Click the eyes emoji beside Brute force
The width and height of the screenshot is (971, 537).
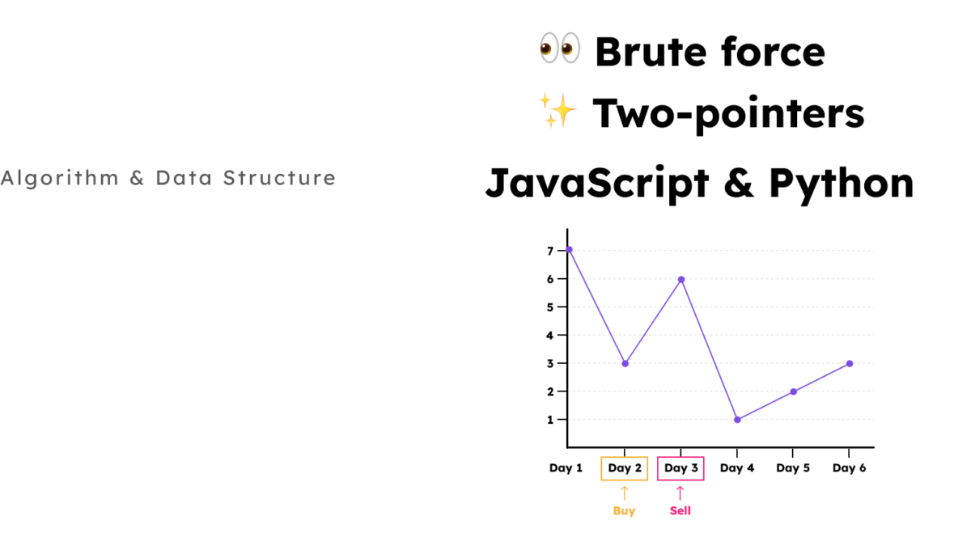(x=560, y=48)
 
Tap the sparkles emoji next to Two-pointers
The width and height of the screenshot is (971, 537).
(x=558, y=110)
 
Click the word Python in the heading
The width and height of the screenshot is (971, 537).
(x=842, y=184)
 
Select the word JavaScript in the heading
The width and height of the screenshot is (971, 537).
(x=597, y=184)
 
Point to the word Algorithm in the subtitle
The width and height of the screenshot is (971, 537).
(x=60, y=179)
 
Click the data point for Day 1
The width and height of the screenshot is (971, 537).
(x=569, y=250)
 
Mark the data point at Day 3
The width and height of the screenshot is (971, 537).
(x=681, y=280)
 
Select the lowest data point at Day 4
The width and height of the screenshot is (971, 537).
(x=737, y=420)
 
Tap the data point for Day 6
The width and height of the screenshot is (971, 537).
(x=850, y=364)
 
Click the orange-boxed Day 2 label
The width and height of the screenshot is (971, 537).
(x=625, y=468)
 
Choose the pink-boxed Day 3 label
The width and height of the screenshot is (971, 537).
(x=681, y=468)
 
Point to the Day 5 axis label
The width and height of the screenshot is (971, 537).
(x=793, y=468)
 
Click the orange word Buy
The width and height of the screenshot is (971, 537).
(x=624, y=511)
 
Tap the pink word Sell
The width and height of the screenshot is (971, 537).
(x=681, y=510)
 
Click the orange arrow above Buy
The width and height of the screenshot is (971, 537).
(x=624, y=493)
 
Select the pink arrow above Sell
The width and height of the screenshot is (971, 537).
(x=681, y=493)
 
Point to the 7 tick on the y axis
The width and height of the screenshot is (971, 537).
(x=550, y=251)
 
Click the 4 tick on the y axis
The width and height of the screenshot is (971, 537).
(x=550, y=335)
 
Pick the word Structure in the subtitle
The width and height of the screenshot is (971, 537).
(x=279, y=178)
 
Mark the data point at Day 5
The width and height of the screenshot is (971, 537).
(x=793, y=391)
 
